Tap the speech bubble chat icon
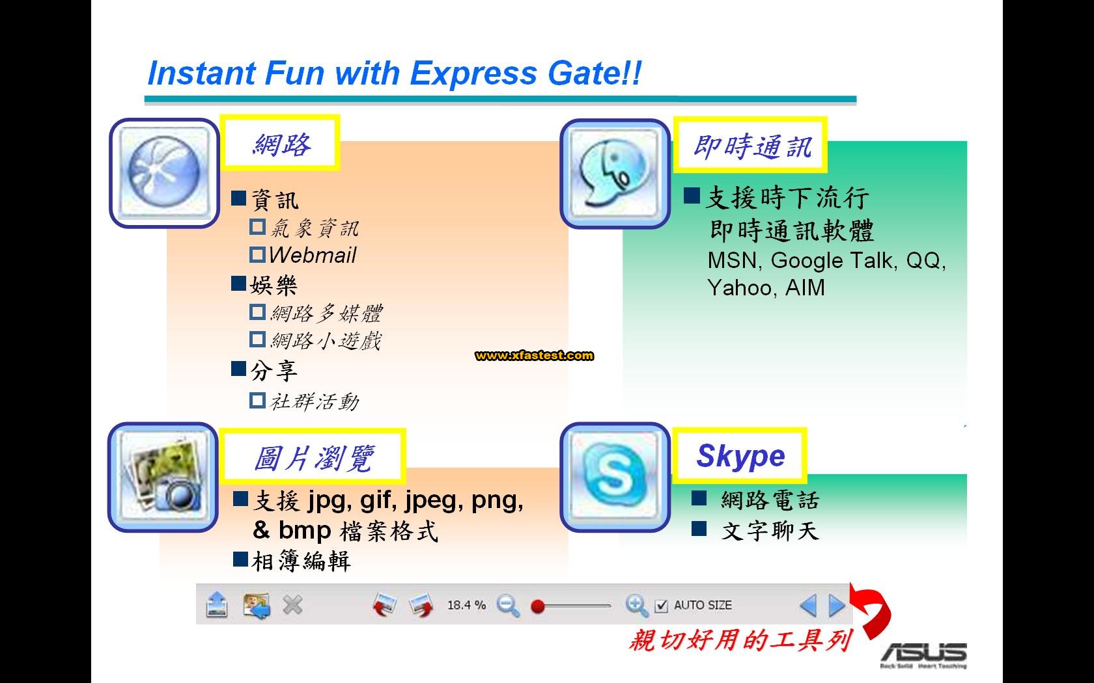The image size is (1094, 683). tap(615, 174)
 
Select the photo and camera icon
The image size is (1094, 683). tap(163, 477)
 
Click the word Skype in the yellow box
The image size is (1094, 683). tap(740, 456)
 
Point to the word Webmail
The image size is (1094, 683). tap(313, 255)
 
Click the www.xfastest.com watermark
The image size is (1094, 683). tap(534, 355)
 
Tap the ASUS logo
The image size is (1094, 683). tap(924, 654)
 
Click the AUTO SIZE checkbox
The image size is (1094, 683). tap(661, 606)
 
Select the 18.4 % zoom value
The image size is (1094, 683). tap(466, 605)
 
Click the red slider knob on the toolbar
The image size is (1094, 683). tap(538, 606)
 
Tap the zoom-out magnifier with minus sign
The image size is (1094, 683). tap(508, 606)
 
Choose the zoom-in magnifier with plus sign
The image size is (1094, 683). tap(637, 606)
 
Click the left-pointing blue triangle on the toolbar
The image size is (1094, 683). tap(809, 606)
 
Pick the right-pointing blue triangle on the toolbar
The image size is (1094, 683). tap(837, 606)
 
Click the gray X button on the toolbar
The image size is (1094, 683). tap(292, 606)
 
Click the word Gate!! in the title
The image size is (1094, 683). tap(595, 73)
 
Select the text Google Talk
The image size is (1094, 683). tap(834, 260)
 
